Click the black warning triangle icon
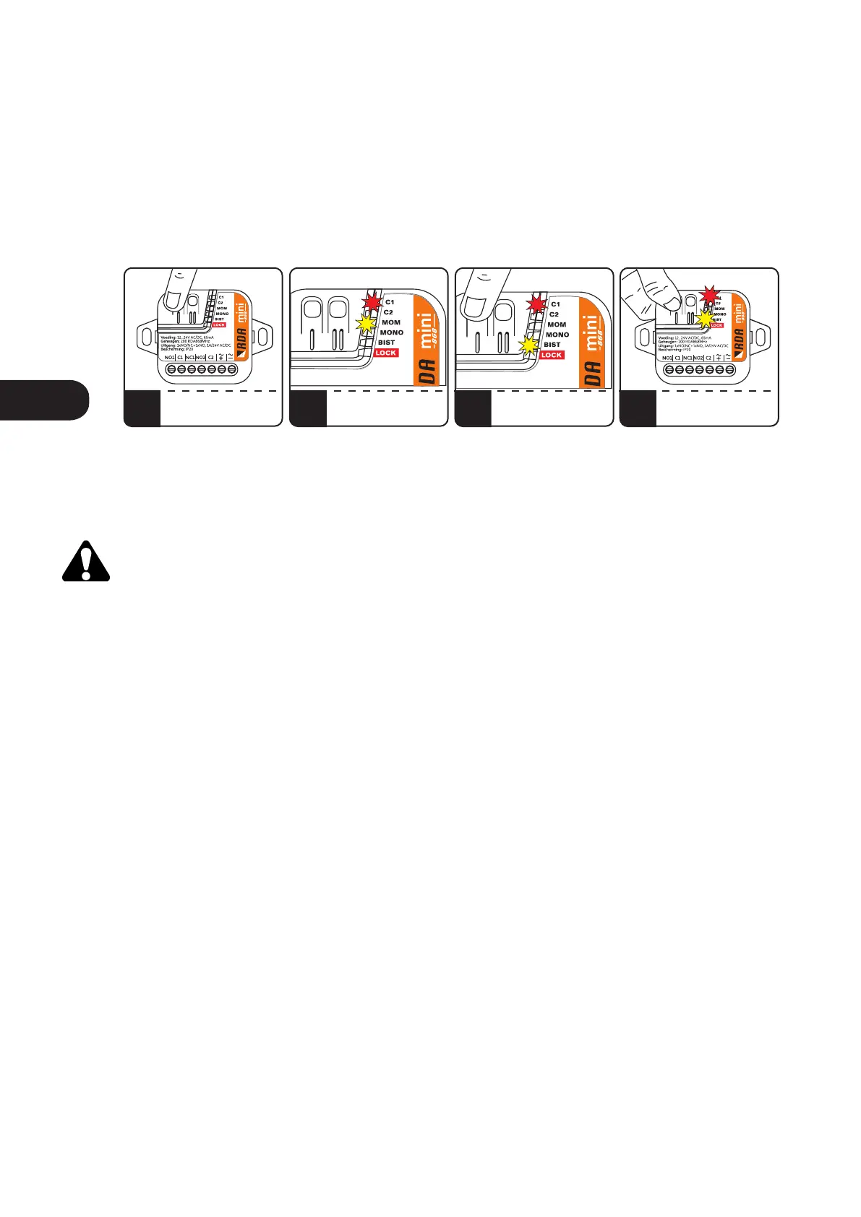(86, 562)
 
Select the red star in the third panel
(536, 304)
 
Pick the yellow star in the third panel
(531, 345)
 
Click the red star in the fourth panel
(710, 295)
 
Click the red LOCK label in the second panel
(386, 353)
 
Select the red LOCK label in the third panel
(552, 355)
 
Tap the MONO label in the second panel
(392, 332)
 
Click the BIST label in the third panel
(552, 345)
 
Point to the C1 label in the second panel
(390, 302)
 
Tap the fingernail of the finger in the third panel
(476, 307)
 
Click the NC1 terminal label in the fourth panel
(687, 358)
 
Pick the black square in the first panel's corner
(142, 408)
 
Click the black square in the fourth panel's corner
(638, 408)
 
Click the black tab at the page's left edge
(43, 400)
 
